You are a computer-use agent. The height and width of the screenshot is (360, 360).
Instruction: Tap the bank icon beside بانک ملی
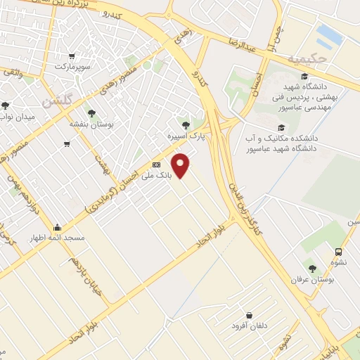pyautogui.click(x=155, y=165)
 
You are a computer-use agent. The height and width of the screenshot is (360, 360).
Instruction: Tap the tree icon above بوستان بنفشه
pyautogui.click(x=91, y=112)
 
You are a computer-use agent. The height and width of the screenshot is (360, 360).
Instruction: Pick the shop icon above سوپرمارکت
pyautogui.click(x=70, y=56)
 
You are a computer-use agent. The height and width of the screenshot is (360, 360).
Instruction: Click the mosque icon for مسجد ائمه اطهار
pyautogui.click(x=56, y=227)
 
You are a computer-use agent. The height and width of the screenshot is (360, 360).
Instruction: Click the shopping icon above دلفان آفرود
pyautogui.click(x=249, y=316)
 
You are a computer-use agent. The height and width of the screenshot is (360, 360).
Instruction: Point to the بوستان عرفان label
pyautogui.click(x=313, y=279)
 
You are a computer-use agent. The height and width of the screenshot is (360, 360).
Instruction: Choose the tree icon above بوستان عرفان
pyautogui.click(x=312, y=268)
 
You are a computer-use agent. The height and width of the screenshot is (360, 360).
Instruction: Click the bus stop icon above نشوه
pyautogui.click(x=339, y=252)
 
